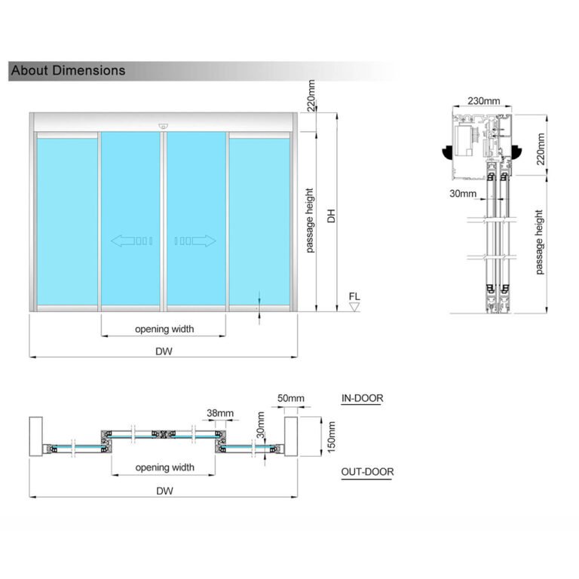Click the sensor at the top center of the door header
click(x=163, y=126)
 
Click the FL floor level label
click(x=354, y=296)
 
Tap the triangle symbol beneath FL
click(x=354, y=307)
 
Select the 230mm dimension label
click(x=483, y=101)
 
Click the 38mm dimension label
click(x=219, y=413)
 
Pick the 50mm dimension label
click(x=290, y=398)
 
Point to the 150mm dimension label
click(x=329, y=437)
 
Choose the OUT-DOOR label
click(x=367, y=473)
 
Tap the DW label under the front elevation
click(x=164, y=351)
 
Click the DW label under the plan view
click(x=164, y=491)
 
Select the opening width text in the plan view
click(x=164, y=467)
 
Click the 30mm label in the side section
click(x=462, y=194)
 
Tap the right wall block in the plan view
click(x=292, y=437)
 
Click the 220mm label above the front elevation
click(x=311, y=96)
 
